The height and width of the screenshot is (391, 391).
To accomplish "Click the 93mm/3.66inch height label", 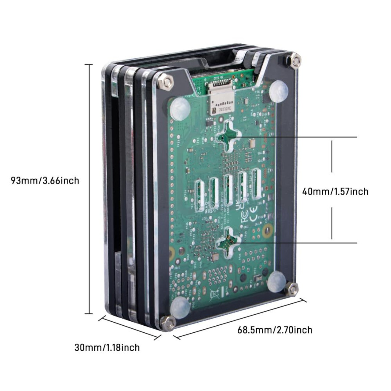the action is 45,181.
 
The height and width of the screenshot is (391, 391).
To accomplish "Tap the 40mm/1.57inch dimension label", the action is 335,192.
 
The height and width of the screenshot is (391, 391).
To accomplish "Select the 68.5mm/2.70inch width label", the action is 275,330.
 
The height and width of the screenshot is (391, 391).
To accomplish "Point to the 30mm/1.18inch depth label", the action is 107,347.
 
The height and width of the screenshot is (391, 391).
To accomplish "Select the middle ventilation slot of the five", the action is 228,190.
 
